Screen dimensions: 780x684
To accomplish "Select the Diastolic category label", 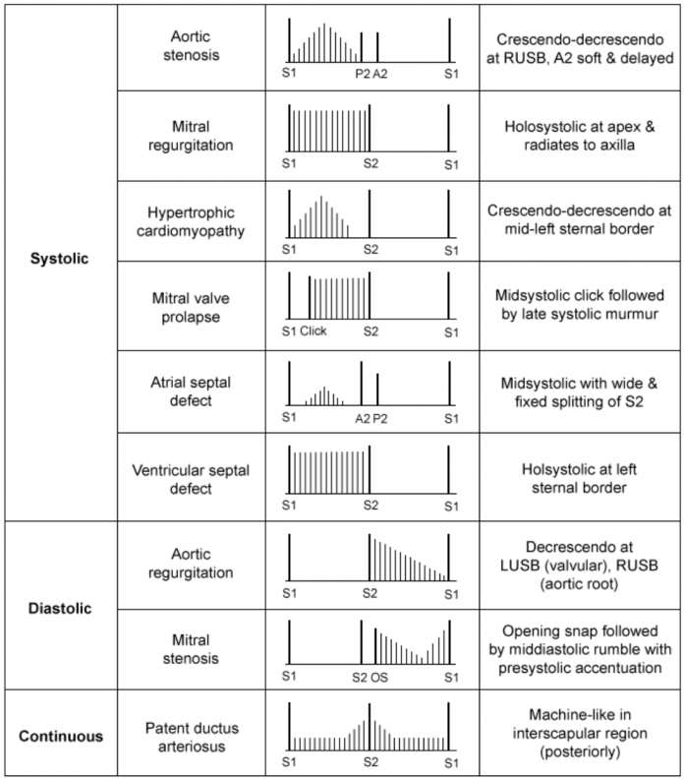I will click(60, 608).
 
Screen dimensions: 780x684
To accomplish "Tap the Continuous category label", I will click(60, 736).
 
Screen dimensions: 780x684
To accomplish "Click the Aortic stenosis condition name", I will click(195, 44).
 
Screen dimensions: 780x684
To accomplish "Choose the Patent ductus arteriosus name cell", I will click(195, 737).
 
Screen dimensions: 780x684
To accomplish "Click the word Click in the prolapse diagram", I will click(313, 331).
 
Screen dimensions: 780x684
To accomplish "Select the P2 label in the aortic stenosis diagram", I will click(363, 73).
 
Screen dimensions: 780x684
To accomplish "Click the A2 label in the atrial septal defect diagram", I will click(363, 418).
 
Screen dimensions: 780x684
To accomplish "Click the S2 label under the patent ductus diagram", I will click(370, 763).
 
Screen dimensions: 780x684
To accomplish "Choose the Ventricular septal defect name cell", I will click(195, 477).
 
